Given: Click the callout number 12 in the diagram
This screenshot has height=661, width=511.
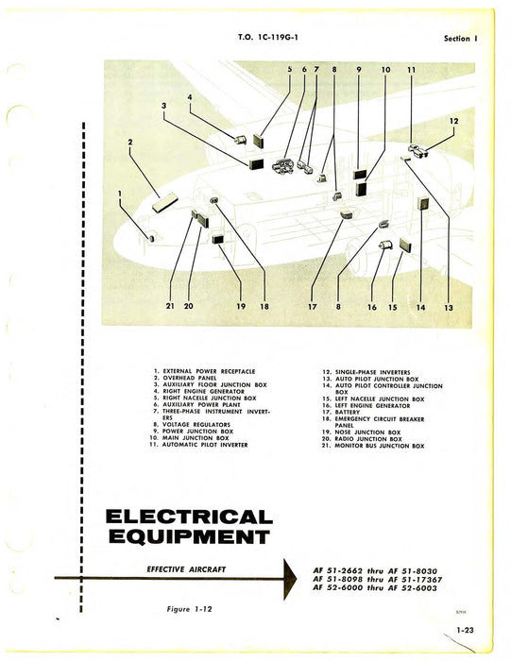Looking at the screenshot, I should [453, 121].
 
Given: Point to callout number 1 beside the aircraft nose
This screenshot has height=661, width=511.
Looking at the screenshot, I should [121, 195].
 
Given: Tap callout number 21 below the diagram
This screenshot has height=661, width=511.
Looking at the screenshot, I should [172, 306].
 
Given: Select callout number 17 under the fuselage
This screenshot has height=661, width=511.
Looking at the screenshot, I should [312, 306].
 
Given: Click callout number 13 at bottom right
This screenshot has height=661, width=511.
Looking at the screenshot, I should [448, 308].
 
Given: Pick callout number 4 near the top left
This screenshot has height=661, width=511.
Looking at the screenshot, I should [189, 97].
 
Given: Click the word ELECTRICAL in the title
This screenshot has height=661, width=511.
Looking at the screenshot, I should [189, 517].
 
